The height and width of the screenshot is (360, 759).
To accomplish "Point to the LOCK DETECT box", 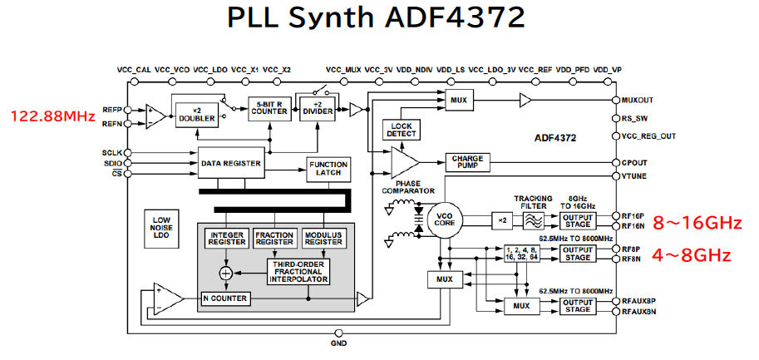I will [x=402, y=129].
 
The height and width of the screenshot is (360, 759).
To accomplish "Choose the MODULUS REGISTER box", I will [x=323, y=239].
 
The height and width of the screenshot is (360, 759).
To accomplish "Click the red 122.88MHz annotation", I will [x=52, y=116].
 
